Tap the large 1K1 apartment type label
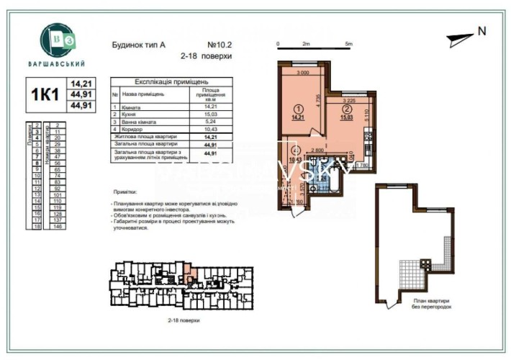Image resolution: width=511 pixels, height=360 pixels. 45,96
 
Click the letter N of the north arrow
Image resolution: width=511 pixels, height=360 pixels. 481,31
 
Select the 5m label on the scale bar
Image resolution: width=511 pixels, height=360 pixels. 348,44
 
